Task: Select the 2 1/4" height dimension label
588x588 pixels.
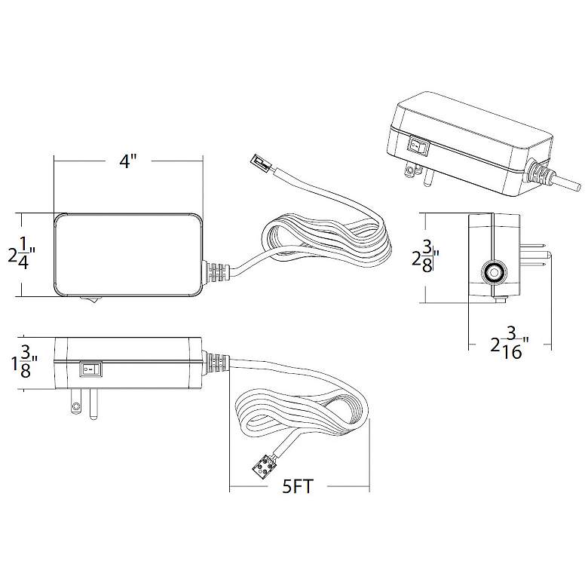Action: point(23,255)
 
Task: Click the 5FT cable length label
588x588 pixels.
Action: point(299,486)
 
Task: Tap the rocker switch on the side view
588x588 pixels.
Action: point(90,369)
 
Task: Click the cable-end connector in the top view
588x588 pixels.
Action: point(259,161)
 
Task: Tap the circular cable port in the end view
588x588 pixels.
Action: point(493,272)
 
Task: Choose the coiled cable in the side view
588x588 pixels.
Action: point(302,411)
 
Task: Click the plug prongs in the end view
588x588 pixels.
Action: point(537,256)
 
